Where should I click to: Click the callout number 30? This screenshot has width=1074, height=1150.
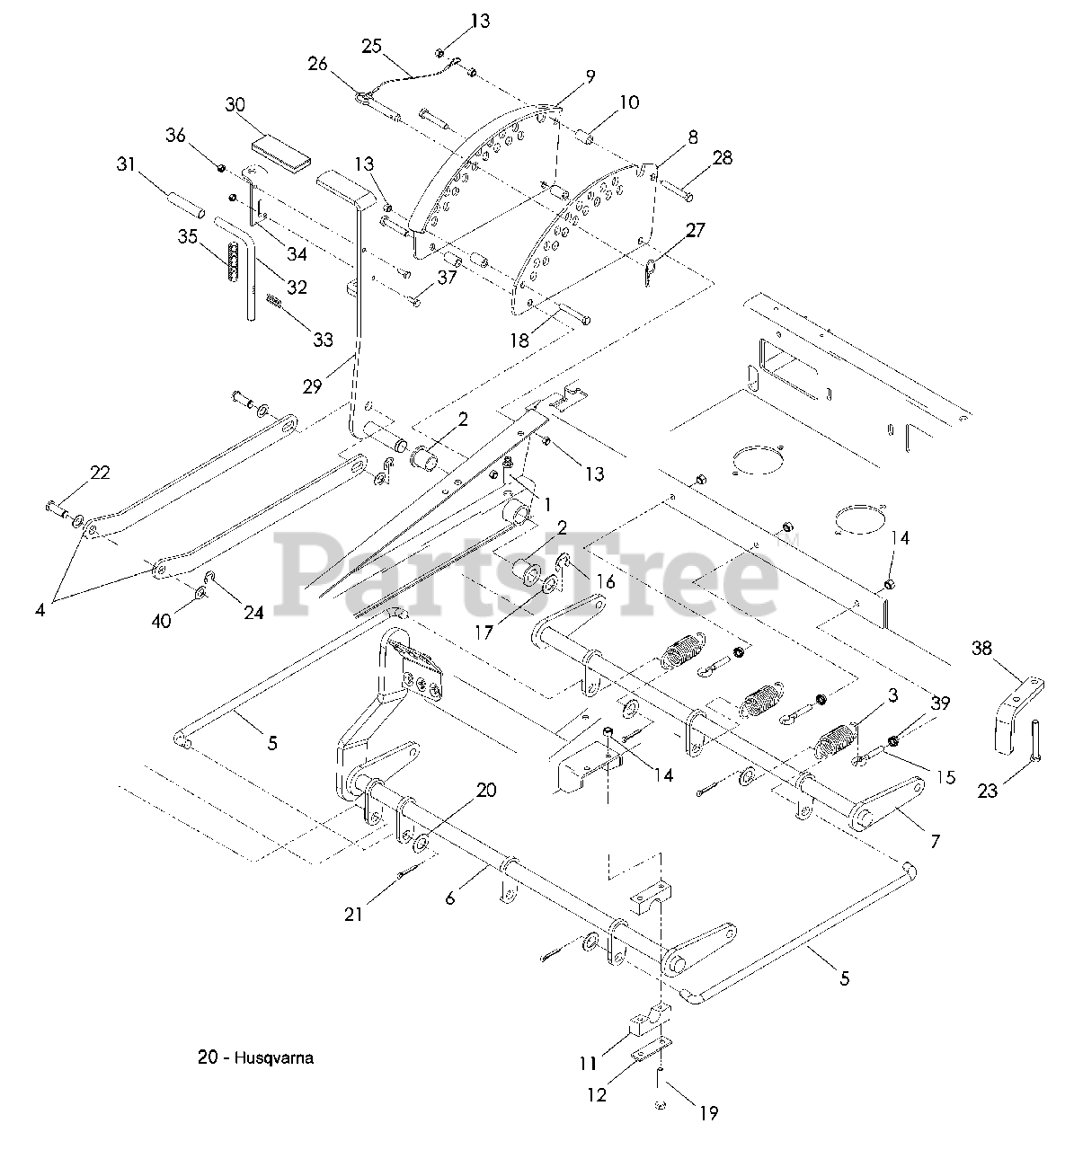coord(235,104)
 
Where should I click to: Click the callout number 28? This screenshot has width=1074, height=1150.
coord(722,157)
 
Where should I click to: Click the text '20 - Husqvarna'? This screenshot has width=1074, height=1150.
coord(255,1057)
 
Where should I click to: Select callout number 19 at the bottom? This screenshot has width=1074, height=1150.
coord(708,1113)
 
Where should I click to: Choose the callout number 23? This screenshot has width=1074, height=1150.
coord(988,792)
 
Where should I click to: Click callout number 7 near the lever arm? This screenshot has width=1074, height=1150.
coord(935,841)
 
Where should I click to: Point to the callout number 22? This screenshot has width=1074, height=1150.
coord(100,473)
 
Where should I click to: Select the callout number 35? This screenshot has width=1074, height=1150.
coord(187,237)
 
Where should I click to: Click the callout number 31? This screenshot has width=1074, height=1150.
coord(128,164)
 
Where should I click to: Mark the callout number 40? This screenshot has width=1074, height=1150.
coord(162,620)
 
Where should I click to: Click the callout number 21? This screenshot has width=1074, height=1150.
coord(353,914)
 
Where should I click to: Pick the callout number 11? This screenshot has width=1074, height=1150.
coord(587,1064)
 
